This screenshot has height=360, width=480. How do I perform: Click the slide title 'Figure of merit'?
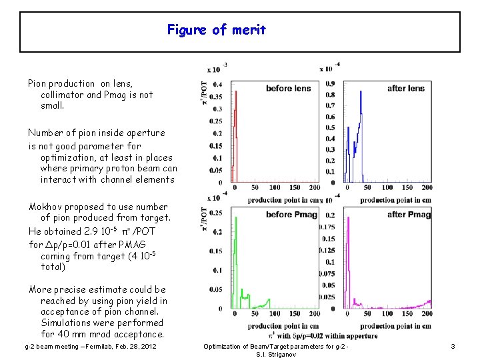[x=216, y=29]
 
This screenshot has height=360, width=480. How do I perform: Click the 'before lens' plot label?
[x=288, y=89]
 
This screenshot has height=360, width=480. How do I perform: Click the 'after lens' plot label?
[x=405, y=89]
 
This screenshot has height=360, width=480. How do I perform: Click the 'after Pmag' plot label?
[x=409, y=214]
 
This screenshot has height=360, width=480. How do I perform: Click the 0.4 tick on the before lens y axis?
[x=217, y=85]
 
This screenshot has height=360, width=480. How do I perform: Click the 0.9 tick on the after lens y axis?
[x=330, y=83]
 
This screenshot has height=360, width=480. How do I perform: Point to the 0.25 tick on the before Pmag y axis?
[x=216, y=213]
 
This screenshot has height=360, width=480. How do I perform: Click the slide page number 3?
[x=453, y=347]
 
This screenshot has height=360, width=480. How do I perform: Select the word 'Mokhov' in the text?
[x=45, y=207]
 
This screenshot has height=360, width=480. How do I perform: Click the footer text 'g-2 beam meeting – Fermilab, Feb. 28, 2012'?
[x=91, y=347]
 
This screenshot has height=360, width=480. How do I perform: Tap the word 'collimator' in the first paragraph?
[x=62, y=95]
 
